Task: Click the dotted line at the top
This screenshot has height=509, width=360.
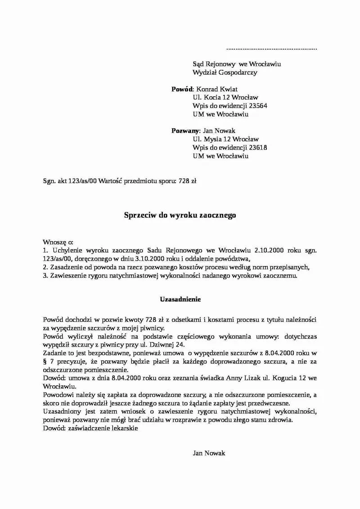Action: (x=271, y=48)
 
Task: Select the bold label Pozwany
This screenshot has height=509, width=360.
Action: (x=185, y=131)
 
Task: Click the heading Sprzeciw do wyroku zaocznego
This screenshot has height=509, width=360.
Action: (x=180, y=215)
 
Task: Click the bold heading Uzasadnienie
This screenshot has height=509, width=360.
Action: (x=180, y=299)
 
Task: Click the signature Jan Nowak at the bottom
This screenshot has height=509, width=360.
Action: (x=208, y=453)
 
